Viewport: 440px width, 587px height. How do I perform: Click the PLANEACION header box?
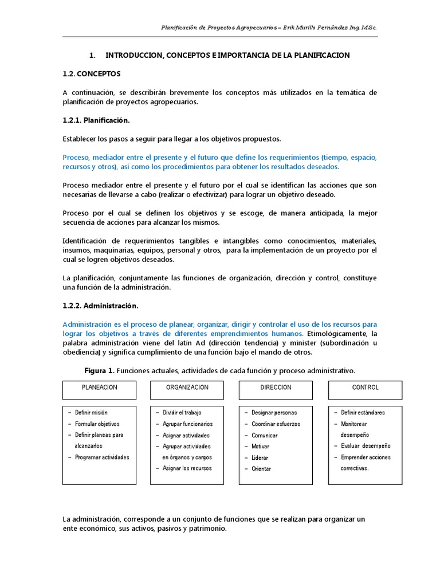[x=99, y=390]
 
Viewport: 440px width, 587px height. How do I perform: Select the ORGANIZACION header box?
[x=187, y=390]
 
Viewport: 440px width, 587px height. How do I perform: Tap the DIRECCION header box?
[x=276, y=390]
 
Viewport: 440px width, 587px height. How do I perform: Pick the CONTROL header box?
[x=365, y=390]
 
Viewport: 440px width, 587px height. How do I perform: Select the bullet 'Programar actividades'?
[x=102, y=457]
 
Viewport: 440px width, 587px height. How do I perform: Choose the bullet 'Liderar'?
[x=260, y=457]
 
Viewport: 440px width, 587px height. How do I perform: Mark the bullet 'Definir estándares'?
[x=363, y=413]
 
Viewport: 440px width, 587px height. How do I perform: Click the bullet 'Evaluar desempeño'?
[x=366, y=446]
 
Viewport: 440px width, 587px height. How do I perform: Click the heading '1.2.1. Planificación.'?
[x=96, y=120]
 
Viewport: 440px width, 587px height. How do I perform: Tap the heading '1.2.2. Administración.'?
[x=100, y=306]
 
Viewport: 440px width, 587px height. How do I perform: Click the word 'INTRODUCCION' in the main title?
[x=132, y=55]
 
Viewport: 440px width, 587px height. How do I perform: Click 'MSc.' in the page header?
[x=368, y=28]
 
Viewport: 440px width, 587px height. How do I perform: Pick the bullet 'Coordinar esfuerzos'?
[x=276, y=424]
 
